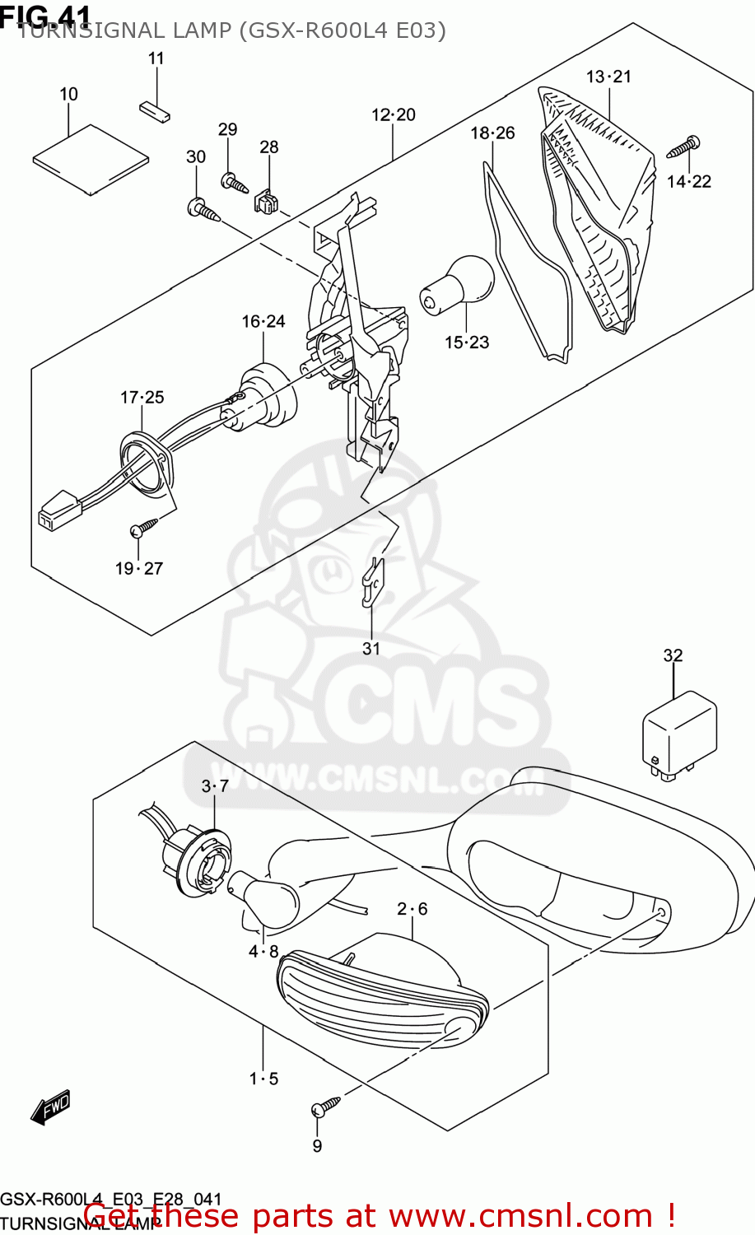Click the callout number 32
[673, 655]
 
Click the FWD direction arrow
[50, 1107]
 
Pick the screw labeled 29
[234, 182]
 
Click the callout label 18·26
[492, 133]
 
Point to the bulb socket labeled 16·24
[266, 396]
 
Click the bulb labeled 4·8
[266, 898]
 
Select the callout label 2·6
[412, 909]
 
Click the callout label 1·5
[263, 1079]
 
